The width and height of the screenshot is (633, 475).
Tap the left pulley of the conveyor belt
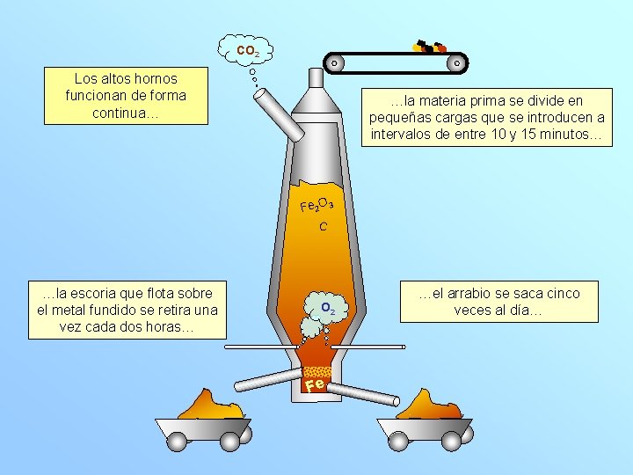pyautogui.click(x=334, y=63)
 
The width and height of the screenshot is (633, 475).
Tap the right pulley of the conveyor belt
pyautogui.click(x=456, y=63)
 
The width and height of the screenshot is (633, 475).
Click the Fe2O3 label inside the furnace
pyautogui.click(x=316, y=205)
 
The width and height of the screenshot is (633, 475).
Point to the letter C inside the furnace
pyautogui.click(x=324, y=227)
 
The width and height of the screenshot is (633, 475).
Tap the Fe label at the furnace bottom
pyautogui.click(x=315, y=384)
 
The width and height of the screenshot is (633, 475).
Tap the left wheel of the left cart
pyautogui.click(x=179, y=441)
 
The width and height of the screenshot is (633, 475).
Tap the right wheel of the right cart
pyautogui.click(x=463, y=435)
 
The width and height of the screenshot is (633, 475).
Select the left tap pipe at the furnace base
pyautogui.click(x=268, y=379)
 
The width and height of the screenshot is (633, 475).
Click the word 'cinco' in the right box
pyautogui.click(x=561, y=293)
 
